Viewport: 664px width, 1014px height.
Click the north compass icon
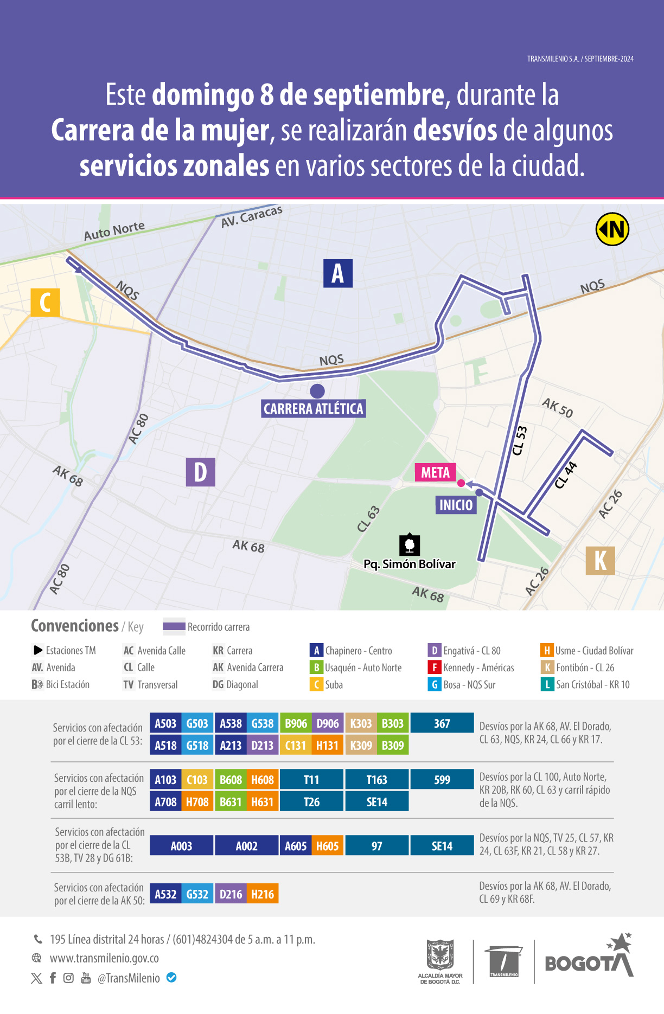coord(612,229)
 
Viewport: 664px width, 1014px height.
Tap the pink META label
coord(435,472)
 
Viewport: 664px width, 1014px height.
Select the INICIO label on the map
coord(456,505)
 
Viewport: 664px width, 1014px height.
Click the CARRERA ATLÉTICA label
coord(313,409)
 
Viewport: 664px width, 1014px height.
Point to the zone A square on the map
coord(337,273)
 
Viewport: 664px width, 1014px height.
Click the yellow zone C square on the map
coord(45,302)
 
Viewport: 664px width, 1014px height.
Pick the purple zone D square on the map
coord(200,472)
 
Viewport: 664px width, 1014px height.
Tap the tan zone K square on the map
coord(600,560)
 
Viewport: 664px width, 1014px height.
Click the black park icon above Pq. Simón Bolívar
coord(410,544)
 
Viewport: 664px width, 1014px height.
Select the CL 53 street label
coord(520,440)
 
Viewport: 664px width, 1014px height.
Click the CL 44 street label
coord(566,475)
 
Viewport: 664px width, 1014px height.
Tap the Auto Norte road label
coord(114,230)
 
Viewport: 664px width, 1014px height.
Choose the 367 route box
coord(442,723)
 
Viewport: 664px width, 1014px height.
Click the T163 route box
coord(376,780)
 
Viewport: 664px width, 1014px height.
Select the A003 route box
coord(181,846)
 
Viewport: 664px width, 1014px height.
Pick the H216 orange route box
coord(263,894)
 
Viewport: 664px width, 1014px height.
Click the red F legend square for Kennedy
coord(434,668)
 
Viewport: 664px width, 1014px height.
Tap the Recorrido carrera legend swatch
coord(174,626)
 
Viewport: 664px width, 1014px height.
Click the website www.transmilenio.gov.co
coord(104,958)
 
